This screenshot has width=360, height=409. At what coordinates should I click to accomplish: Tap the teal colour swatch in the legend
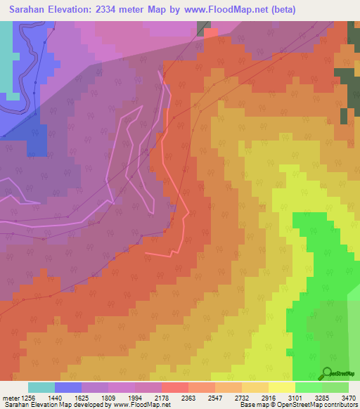[41, 387]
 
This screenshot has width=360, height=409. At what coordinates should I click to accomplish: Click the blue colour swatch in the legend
[68, 387]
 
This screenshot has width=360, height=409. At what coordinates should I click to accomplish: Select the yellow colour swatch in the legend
[281, 387]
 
